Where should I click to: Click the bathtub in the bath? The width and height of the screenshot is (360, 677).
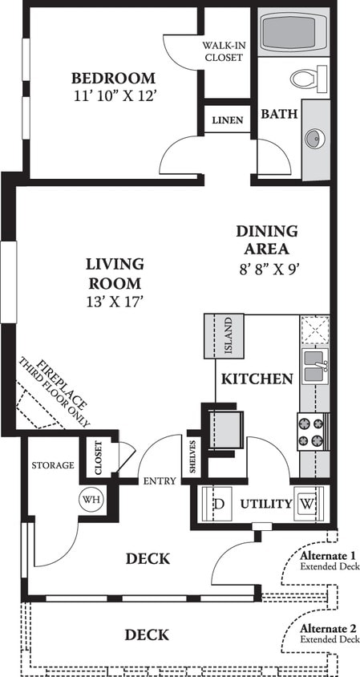[293, 33]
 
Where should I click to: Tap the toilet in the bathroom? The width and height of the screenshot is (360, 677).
[309, 79]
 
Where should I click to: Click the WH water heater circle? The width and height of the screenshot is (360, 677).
[91, 498]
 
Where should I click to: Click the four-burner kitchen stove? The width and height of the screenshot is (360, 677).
[313, 432]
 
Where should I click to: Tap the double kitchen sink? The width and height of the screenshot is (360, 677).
[313, 365]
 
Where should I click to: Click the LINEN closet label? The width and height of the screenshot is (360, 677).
[228, 120]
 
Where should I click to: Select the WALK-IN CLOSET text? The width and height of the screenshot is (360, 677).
[224, 51]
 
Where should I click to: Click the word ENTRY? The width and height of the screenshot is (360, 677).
[160, 481]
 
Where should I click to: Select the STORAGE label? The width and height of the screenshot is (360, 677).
[53, 465]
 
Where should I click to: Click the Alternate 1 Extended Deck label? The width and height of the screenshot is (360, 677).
[328, 560]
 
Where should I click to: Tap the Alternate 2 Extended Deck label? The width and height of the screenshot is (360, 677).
[328, 633]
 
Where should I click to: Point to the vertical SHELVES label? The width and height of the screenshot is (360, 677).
[193, 456]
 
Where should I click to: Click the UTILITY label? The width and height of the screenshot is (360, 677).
[265, 504]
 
